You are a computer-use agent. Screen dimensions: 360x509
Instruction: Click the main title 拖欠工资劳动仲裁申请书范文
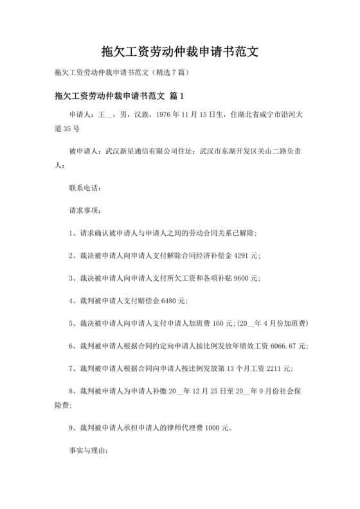179,51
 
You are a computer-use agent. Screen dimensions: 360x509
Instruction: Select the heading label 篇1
177,96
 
